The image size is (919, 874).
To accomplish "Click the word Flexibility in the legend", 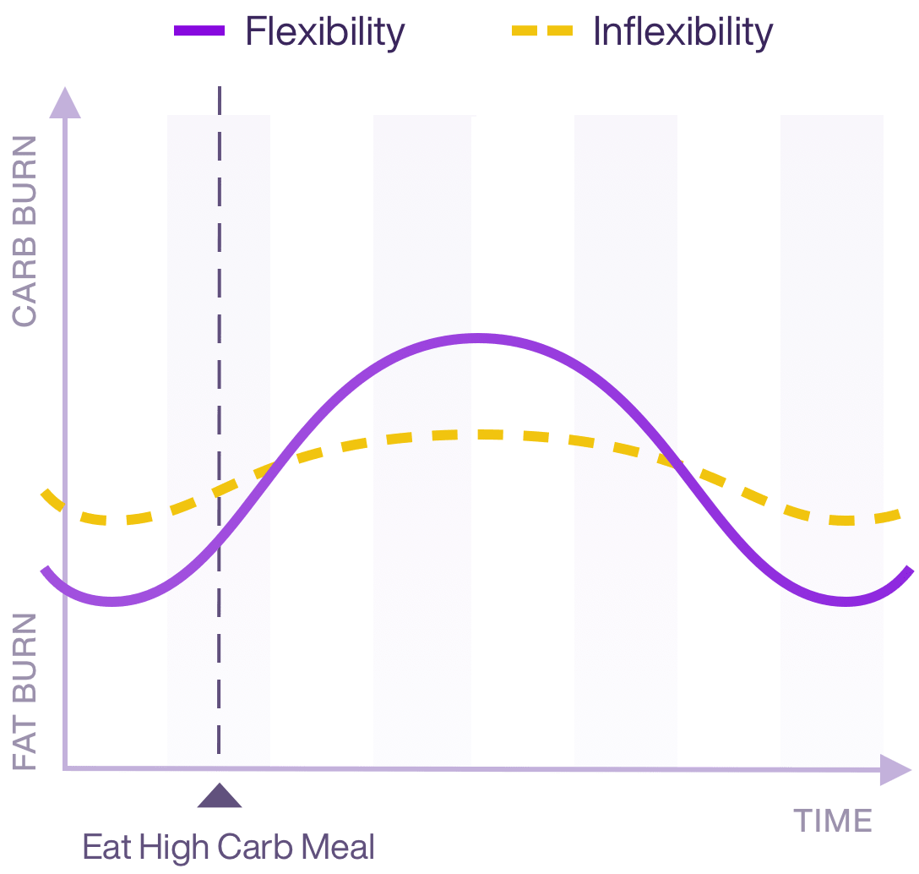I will (325, 32).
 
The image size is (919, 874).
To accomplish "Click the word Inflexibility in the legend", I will (682, 32).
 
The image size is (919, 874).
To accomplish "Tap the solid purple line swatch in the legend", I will (199, 32).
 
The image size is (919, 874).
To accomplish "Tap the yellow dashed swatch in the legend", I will (541, 32).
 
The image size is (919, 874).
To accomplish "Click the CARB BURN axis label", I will (25, 231).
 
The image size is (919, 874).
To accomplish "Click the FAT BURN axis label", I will (25, 691).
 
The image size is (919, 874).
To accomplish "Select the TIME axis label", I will (832, 821).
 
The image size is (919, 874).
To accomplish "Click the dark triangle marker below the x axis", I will (219, 796).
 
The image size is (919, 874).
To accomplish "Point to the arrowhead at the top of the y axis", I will (65, 102).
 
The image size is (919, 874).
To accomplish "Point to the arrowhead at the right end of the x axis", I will (895, 769).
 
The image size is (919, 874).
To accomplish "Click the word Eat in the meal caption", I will (108, 846).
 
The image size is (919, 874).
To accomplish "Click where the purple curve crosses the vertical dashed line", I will (219, 541).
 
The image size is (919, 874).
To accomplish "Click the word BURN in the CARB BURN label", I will (25, 195).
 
